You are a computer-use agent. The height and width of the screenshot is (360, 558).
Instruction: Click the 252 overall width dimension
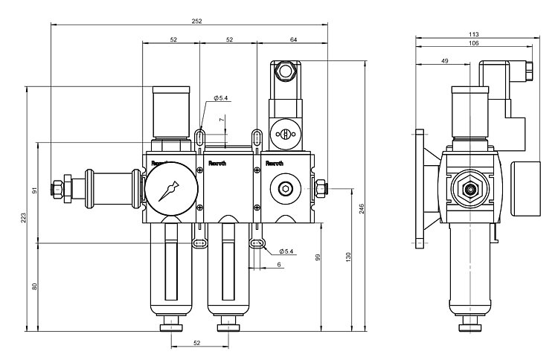pyautogui.click(x=196, y=21)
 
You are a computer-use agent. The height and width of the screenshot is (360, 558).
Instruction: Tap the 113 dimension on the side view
pyautogui.click(x=474, y=34)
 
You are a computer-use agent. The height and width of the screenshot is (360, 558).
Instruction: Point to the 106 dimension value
pyautogui.click(x=474, y=43)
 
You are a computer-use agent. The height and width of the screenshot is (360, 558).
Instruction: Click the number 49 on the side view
pyautogui.click(x=444, y=60)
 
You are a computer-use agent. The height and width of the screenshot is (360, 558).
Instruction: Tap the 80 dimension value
pyautogui.click(x=34, y=286)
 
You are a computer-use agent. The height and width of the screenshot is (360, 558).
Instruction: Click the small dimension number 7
pyautogui.click(x=221, y=119)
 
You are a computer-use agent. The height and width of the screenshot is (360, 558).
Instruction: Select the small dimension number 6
pyautogui.click(x=279, y=265)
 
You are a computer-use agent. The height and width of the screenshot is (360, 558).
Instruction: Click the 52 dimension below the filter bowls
pyautogui.click(x=197, y=343)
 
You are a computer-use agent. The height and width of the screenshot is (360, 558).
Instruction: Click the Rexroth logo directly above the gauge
pyautogui.click(x=160, y=161)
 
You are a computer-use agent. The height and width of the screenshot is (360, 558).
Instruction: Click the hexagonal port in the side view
pyautogui.click(x=469, y=189)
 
